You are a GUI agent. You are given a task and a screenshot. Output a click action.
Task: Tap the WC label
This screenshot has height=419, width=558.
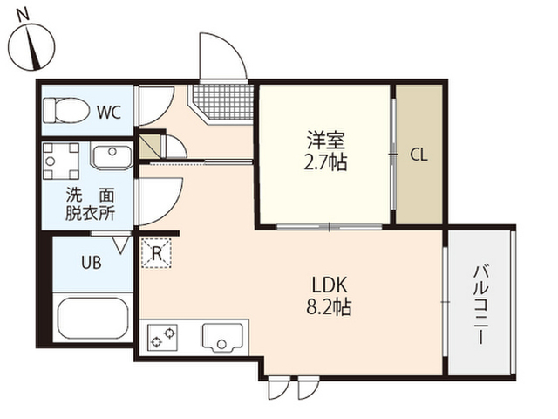click(109, 113)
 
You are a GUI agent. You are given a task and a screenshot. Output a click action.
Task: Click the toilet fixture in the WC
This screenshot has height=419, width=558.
click(66, 111)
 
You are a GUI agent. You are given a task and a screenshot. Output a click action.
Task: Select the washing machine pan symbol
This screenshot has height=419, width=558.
click(61, 161)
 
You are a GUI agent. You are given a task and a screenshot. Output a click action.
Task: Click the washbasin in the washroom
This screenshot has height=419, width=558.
click(112, 156)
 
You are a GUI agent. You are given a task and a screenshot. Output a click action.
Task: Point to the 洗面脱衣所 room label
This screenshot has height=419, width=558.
click(90, 204)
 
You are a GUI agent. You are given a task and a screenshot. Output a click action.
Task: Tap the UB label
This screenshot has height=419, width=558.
click(92, 263)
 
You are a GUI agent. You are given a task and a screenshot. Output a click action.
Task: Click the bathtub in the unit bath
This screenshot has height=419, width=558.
click(93, 318)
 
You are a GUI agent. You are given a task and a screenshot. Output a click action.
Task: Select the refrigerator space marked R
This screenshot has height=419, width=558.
click(157, 252)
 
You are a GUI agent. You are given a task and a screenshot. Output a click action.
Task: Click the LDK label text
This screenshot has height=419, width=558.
click(330, 285)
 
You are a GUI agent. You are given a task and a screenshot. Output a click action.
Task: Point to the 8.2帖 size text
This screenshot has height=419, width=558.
click(330, 306)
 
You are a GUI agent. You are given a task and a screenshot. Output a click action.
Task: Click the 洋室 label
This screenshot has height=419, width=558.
click(326, 140)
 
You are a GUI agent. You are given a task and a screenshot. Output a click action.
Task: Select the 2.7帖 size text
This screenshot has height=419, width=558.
click(325, 162)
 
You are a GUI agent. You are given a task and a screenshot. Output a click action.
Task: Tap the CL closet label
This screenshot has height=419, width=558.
click(418, 155)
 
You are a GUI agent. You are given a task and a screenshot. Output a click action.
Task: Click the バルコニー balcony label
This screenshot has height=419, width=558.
click(480, 305)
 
